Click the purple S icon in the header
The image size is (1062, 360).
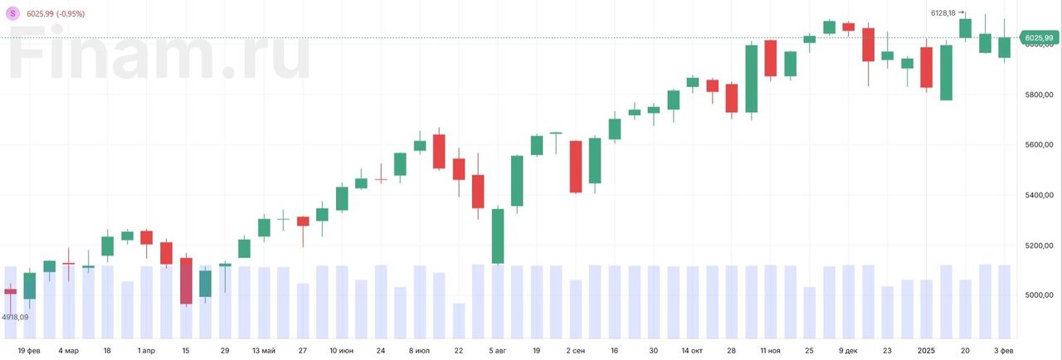pyautogui.click(x=12, y=13)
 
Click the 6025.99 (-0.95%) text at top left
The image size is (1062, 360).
pyautogui.click(x=56, y=14)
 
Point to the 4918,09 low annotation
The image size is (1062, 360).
pyautogui.click(x=15, y=317)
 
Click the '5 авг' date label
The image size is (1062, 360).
pyautogui.click(x=497, y=351)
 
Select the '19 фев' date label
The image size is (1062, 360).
pyautogui.click(x=29, y=351)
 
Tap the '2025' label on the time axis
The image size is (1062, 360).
pyautogui.click(x=927, y=351)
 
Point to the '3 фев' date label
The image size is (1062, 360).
pyautogui.click(x=1004, y=351)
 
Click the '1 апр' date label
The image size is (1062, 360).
pyautogui.click(x=146, y=351)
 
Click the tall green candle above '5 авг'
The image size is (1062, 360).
pyautogui.click(x=498, y=236)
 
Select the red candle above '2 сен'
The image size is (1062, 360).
pyautogui.click(x=576, y=167)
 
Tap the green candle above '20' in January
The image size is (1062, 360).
pyautogui.click(x=966, y=28)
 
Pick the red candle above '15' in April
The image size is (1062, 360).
pyautogui.click(x=186, y=280)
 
